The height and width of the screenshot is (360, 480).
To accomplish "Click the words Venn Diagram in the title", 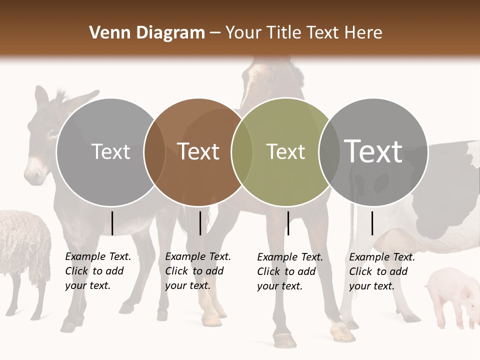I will tap(147, 33).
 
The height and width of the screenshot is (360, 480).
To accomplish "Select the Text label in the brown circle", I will tap(198, 151).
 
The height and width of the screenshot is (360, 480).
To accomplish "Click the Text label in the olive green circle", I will tap(285, 151).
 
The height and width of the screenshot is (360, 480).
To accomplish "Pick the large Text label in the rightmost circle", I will tap(373, 151).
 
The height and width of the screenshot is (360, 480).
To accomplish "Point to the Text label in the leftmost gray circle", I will tap(110, 151).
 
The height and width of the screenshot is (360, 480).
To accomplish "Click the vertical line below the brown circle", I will tap(200, 223).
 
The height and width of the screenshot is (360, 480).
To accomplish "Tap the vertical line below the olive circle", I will tap(288, 223).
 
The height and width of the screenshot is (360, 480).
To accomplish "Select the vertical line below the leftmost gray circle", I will tap(112, 223).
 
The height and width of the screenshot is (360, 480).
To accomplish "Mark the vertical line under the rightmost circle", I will tap(372, 223).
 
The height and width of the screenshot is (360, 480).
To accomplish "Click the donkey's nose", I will tap(34, 175).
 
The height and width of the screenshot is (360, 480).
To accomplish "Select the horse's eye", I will tap(272, 78).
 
